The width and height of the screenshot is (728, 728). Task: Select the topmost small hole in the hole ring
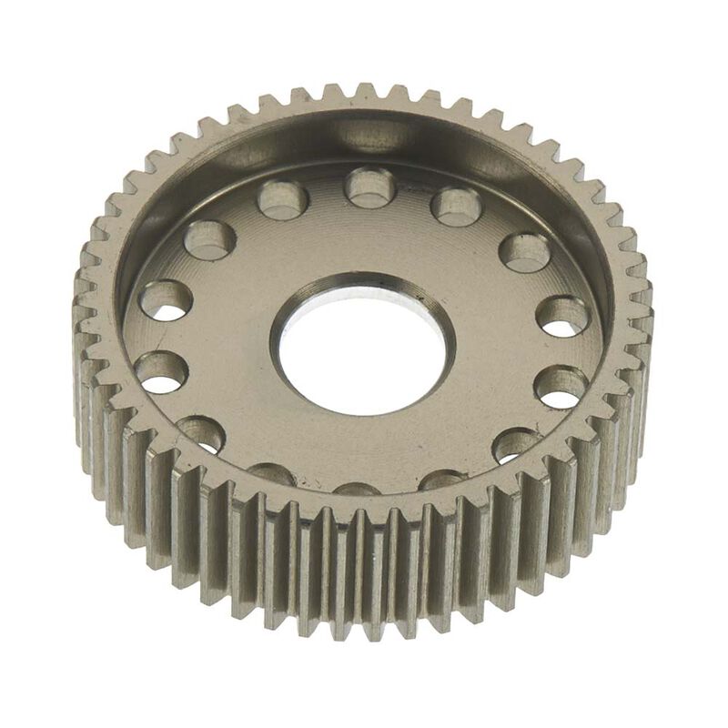(369, 188)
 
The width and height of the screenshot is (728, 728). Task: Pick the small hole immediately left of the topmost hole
(283, 200)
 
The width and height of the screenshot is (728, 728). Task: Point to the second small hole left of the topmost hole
(210, 240)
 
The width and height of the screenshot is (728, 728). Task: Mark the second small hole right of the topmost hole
(525, 253)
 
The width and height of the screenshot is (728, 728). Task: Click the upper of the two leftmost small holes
(166, 300)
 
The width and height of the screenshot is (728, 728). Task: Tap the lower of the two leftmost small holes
(162, 371)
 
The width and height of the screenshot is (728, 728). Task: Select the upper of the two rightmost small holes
(561, 316)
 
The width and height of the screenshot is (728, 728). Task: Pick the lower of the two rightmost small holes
(560, 386)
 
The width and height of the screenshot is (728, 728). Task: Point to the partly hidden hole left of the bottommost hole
(271, 473)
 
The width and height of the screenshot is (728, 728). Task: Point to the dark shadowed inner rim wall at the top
(364, 136)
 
